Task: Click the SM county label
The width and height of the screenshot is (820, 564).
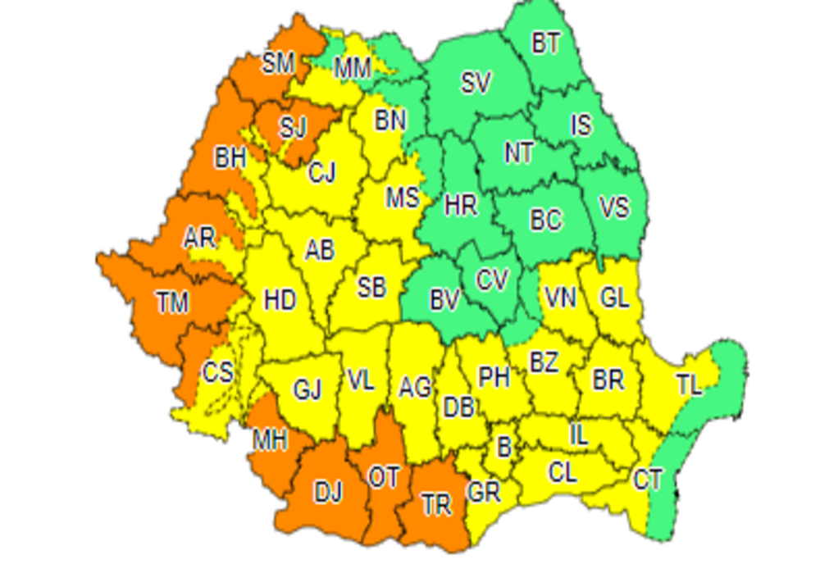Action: (278, 62)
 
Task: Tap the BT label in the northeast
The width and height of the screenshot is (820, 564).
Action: (545, 43)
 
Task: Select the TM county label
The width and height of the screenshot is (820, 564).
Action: (172, 303)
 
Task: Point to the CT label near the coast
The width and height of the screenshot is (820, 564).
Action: (648, 480)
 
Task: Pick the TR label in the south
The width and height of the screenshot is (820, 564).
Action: (436, 505)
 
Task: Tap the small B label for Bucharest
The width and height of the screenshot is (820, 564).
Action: (504, 448)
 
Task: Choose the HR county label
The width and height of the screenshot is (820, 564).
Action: (460, 205)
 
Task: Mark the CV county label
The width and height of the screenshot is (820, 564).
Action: (493, 280)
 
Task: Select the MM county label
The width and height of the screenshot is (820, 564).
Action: (353, 70)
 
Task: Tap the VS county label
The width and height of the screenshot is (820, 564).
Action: (613, 207)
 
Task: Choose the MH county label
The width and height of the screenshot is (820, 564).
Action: (269, 440)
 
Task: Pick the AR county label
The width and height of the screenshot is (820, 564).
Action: (198, 239)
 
